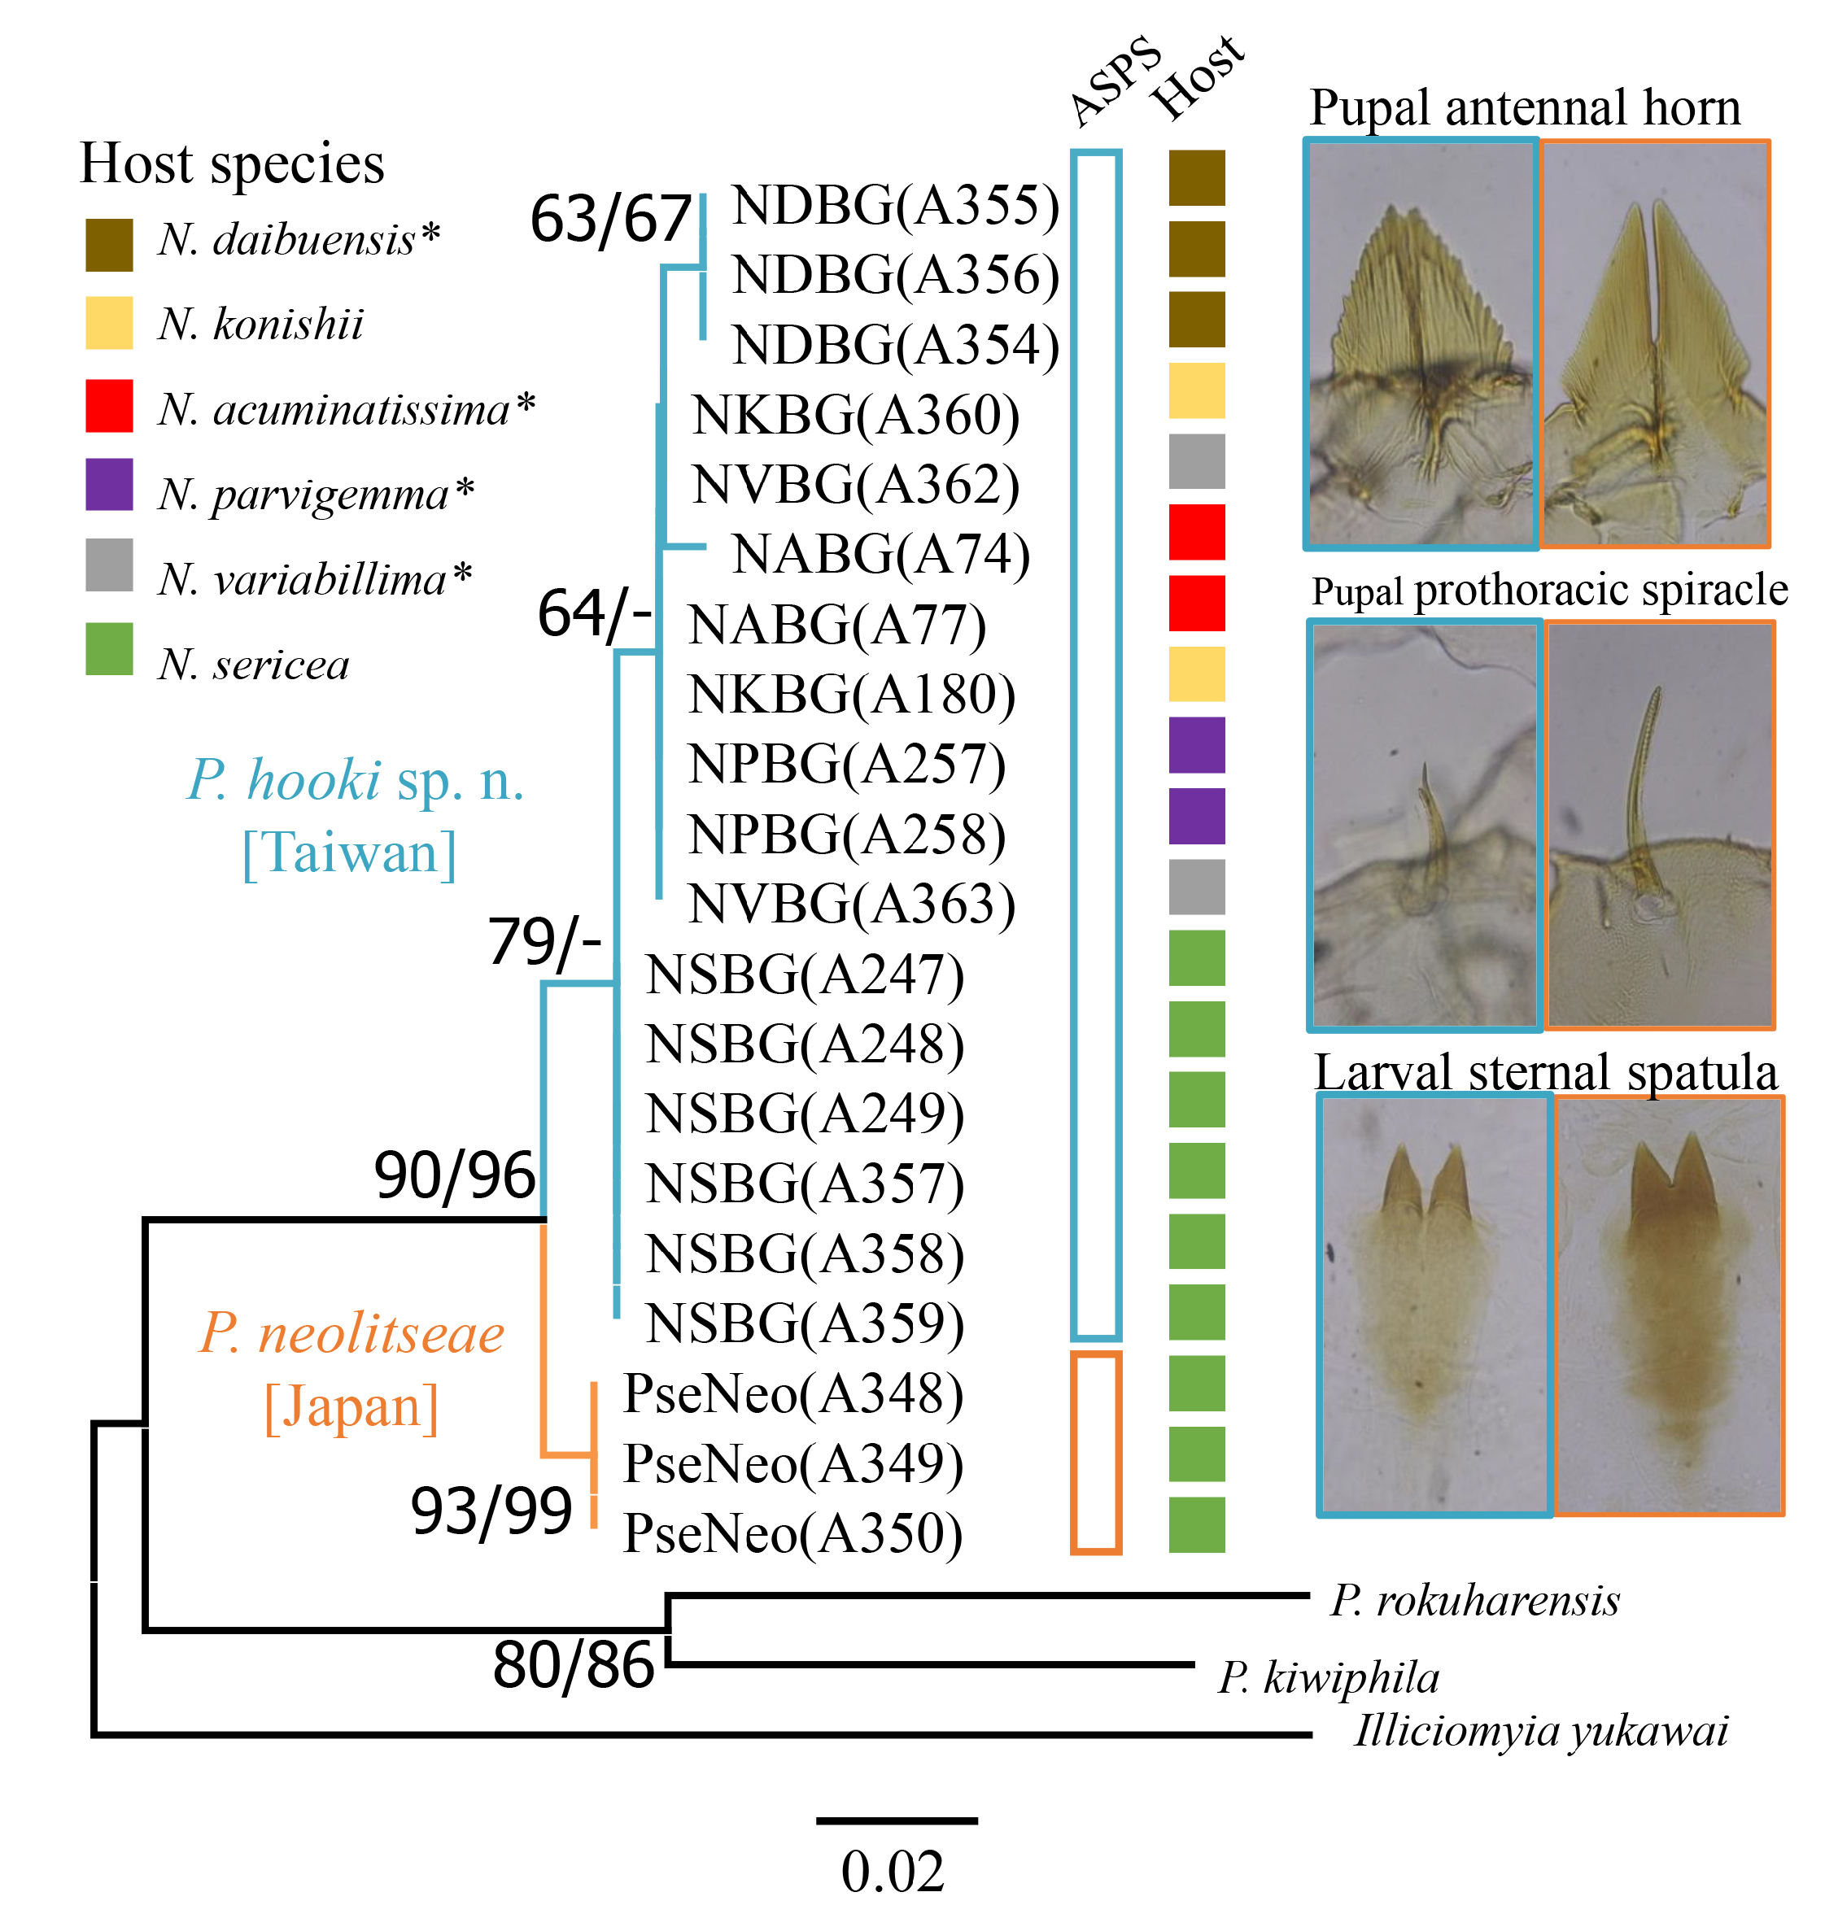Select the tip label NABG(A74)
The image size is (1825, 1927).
880,555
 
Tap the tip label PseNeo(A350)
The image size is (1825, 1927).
792,1533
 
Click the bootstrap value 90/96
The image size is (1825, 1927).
454,1175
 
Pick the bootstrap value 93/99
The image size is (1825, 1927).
491,1511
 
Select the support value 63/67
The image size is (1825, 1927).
610,218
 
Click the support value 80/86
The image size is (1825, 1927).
573,1664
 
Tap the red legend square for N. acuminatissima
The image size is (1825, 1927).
109,406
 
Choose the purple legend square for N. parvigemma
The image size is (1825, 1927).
109,485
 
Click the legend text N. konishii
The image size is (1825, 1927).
260,324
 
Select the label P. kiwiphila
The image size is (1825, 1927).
1328,1677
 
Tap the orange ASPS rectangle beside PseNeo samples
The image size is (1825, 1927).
1095,1452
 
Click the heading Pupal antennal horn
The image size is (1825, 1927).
1525,107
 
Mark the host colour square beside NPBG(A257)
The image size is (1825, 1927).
1197,745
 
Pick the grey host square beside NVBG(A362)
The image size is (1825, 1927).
1197,461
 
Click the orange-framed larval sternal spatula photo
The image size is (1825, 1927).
1669,1306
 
